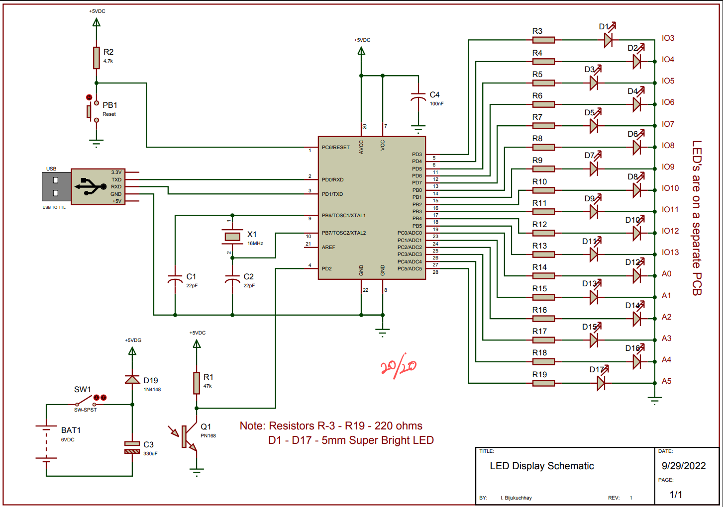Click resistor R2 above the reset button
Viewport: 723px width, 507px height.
96,58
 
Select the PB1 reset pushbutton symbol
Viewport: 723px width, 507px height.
93,112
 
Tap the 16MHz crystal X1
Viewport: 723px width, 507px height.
232,237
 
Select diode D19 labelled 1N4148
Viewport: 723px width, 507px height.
132,379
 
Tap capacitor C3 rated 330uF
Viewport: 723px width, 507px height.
132,448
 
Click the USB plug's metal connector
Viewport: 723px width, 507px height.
56,186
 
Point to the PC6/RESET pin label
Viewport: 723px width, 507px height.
335,148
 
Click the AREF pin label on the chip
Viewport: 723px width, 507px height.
328,248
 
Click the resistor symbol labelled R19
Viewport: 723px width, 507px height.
543,383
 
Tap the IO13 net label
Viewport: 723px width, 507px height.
670,252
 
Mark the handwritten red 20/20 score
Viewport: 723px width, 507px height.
398,366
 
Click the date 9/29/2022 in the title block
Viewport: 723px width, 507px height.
684,466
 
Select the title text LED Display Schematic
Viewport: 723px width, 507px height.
541,466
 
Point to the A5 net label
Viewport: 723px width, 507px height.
666,381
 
